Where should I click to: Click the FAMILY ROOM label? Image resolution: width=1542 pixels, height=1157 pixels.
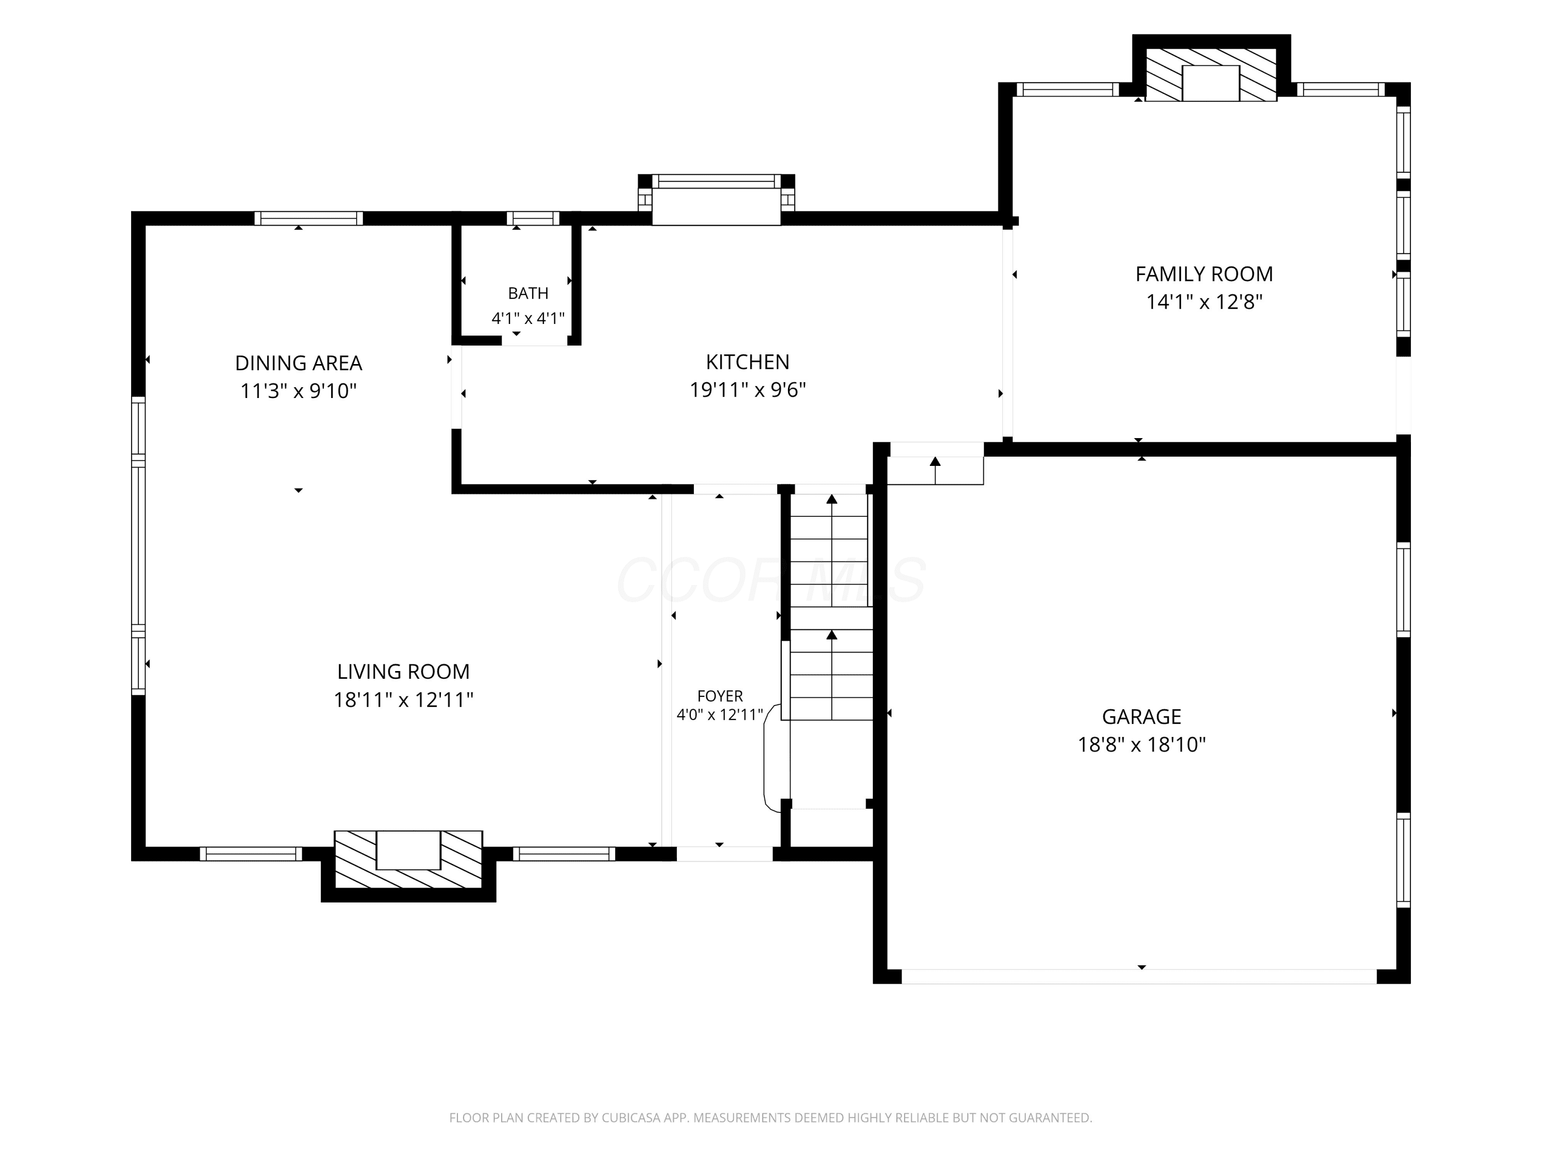click(1204, 274)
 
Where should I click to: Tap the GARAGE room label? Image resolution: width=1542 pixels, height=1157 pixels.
click(1141, 716)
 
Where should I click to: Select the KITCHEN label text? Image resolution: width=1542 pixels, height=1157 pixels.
click(747, 362)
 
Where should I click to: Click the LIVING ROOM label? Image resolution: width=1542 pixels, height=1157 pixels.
click(403, 672)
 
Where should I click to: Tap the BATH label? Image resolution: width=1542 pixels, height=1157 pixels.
click(528, 293)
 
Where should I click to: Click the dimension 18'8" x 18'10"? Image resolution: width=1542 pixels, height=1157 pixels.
click(1141, 745)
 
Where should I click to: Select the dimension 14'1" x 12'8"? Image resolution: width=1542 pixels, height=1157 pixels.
click(1204, 302)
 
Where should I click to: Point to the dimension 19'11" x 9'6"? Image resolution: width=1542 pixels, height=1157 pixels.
click(747, 390)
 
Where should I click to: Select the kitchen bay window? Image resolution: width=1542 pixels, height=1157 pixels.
click(717, 199)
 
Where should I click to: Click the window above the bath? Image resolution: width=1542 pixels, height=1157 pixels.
click(533, 219)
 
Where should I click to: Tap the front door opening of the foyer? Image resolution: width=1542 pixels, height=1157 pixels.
click(724, 854)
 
